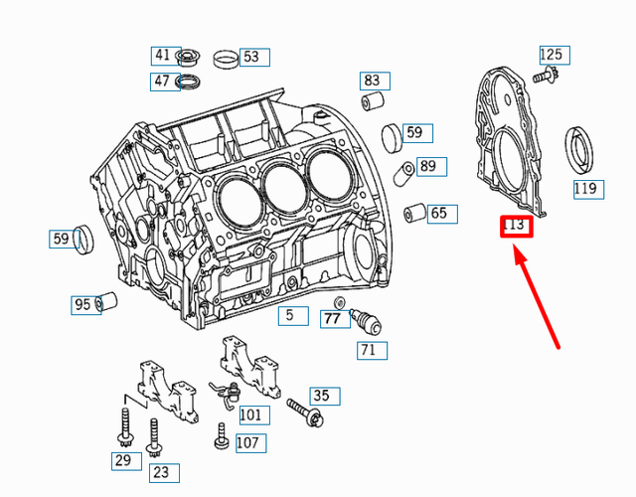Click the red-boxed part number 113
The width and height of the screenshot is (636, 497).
pyautogui.click(x=516, y=226)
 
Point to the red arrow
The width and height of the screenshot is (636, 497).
pyautogui.click(x=537, y=298)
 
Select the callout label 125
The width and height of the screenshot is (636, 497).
pyautogui.click(x=551, y=54)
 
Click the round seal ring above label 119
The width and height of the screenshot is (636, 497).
pyautogui.click(x=580, y=150)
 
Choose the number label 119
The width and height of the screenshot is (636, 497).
pyautogui.click(x=585, y=188)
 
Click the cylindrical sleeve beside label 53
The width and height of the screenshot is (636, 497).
pyautogui.click(x=226, y=58)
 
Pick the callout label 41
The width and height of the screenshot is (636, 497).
pyautogui.click(x=162, y=55)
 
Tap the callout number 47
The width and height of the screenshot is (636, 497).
pyautogui.click(x=162, y=81)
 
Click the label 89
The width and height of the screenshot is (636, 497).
pyautogui.click(x=426, y=166)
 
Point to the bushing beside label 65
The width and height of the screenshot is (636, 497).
pyautogui.click(x=414, y=212)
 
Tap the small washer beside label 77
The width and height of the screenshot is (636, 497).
pyautogui.click(x=341, y=301)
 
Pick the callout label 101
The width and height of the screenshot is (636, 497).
pyautogui.click(x=250, y=414)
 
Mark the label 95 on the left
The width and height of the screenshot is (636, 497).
pyautogui.click(x=82, y=304)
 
